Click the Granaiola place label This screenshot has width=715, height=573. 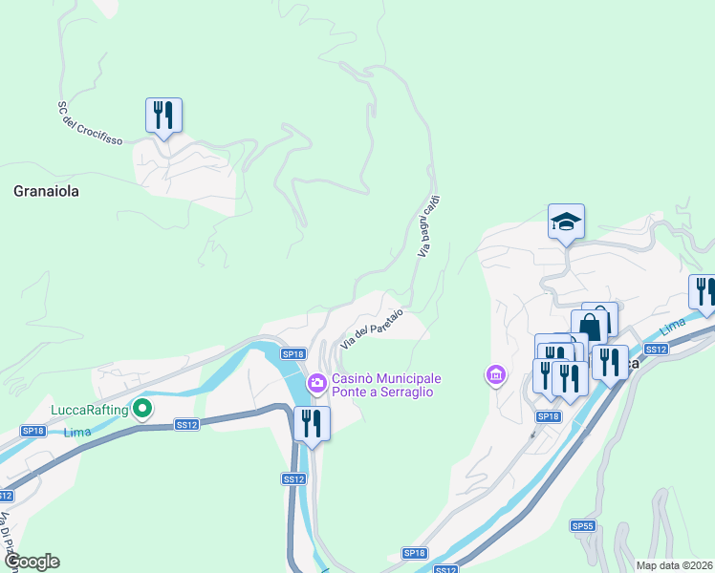click(46, 191)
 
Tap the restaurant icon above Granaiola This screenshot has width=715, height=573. click(163, 116)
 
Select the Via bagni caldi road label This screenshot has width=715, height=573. click(429, 226)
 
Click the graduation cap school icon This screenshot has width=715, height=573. click(566, 223)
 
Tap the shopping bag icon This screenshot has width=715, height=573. click(590, 327)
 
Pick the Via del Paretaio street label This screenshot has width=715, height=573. click(372, 331)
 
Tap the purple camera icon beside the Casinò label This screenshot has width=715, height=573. click(316, 384)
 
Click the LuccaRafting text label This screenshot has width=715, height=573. click(90, 411)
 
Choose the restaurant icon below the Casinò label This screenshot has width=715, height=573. click(312, 423)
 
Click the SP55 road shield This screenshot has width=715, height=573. click(583, 525)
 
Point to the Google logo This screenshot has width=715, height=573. click(32, 562)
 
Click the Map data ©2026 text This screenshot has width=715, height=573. click(675, 564)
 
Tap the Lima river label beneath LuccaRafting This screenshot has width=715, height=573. click(76, 433)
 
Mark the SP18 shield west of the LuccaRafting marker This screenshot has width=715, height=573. click(33, 432)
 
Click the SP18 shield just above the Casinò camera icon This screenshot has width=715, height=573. click(292, 353)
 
